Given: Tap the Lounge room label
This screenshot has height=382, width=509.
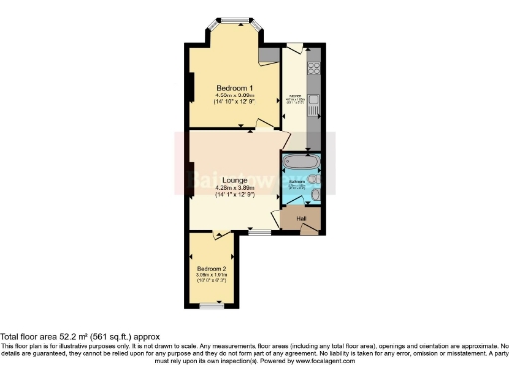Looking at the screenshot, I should [x=235, y=180].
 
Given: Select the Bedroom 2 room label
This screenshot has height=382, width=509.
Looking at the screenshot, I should [x=211, y=270].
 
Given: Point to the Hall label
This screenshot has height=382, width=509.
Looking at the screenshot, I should [x=300, y=218].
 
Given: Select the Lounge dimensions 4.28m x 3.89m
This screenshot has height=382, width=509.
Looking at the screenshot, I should [x=235, y=188].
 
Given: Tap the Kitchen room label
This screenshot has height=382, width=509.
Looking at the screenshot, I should [x=296, y=96].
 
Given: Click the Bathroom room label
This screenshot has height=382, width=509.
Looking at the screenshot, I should [x=297, y=184].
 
